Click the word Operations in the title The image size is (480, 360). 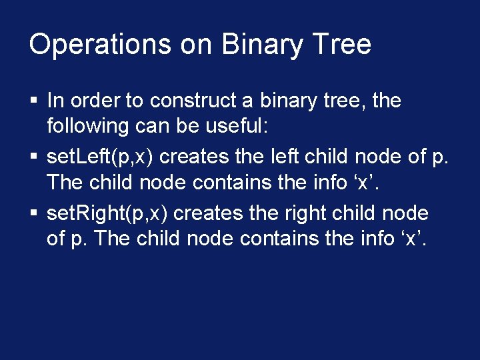(101, 45)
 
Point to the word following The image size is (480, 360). (87, 125)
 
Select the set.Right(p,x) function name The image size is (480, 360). (107, 213)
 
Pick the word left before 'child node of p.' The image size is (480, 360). (289, 157)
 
